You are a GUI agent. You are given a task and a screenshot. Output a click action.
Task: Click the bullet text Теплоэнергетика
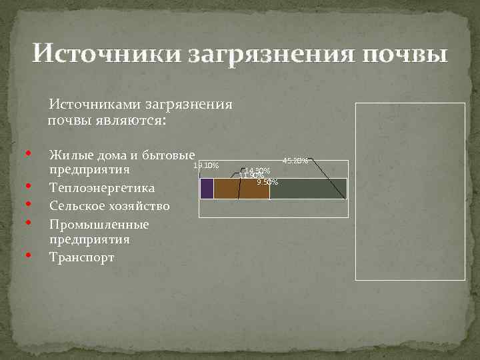point(102,188)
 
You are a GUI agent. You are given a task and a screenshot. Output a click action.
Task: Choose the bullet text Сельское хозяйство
point(109,206)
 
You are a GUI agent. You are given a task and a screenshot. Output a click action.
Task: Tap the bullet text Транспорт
point(81,257)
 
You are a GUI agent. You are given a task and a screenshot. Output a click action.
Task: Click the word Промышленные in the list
point(99,224)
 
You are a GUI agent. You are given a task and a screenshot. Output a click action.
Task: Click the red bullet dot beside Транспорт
point(30,255)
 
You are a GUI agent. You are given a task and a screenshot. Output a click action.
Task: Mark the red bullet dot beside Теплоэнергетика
point(30,186)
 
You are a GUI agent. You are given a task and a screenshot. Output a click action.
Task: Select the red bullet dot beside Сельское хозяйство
point(30,204)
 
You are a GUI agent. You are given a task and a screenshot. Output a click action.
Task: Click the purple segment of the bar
point(207,189)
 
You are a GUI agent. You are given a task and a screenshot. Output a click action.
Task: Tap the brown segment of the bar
point(241,189)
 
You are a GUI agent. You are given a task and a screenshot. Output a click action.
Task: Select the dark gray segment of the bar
point(308,189)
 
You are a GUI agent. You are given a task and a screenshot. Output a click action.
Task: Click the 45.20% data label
point(295,161)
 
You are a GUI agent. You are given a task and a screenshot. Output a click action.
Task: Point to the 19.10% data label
point(206,165)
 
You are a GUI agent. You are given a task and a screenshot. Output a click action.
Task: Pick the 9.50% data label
point(267,181)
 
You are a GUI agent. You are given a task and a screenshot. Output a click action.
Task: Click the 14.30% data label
point(257,171)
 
